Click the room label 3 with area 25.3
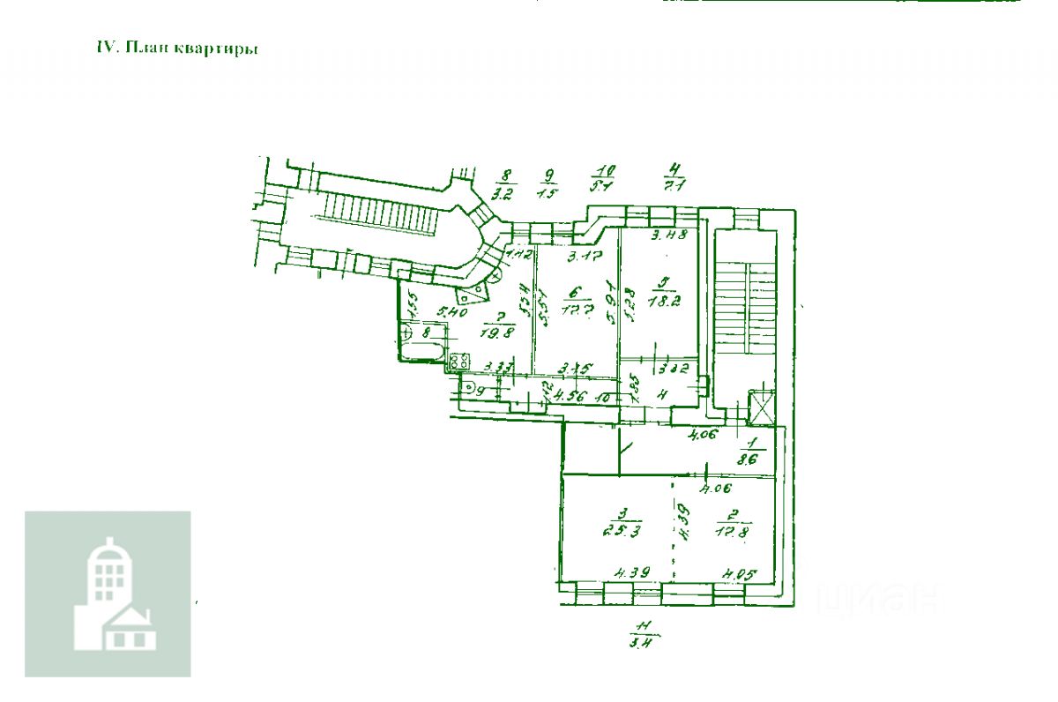[x=622, y=523]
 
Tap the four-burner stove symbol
[x=458, y=361]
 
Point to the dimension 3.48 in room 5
[x=669, y=236]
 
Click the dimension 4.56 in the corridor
[x=570, y=397]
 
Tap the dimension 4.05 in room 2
[x=740, y=575]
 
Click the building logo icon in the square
[x=108, y=594]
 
